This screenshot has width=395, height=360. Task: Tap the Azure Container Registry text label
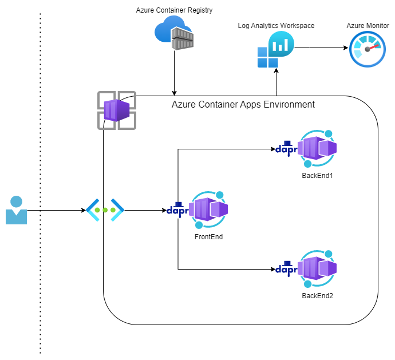[x=174, y=11]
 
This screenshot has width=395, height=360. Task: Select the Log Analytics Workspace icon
[x=275, y=50]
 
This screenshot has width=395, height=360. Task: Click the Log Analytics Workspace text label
[x=276, y=26]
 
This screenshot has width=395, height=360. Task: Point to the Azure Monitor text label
[x=368, y=26]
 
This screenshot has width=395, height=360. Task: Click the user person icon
[x=16, y=210]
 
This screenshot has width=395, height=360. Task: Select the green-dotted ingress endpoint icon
[x=105, y=210]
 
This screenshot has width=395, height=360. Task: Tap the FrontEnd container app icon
[x=208, y=210]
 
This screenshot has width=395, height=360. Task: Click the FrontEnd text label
[x=208, y=236]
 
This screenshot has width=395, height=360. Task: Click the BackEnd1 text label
[x=317, y=175]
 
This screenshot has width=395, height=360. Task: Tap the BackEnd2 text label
[x=317, y=295]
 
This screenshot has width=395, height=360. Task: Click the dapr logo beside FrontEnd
[x=177, y=209]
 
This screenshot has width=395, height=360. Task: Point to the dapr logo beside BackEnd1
[x=286, y=148]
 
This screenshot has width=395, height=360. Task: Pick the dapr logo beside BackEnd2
[x=286, y=268]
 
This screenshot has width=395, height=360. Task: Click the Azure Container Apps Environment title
[x=243, y=105]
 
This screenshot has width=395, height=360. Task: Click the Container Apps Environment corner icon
[x=117, y=110]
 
